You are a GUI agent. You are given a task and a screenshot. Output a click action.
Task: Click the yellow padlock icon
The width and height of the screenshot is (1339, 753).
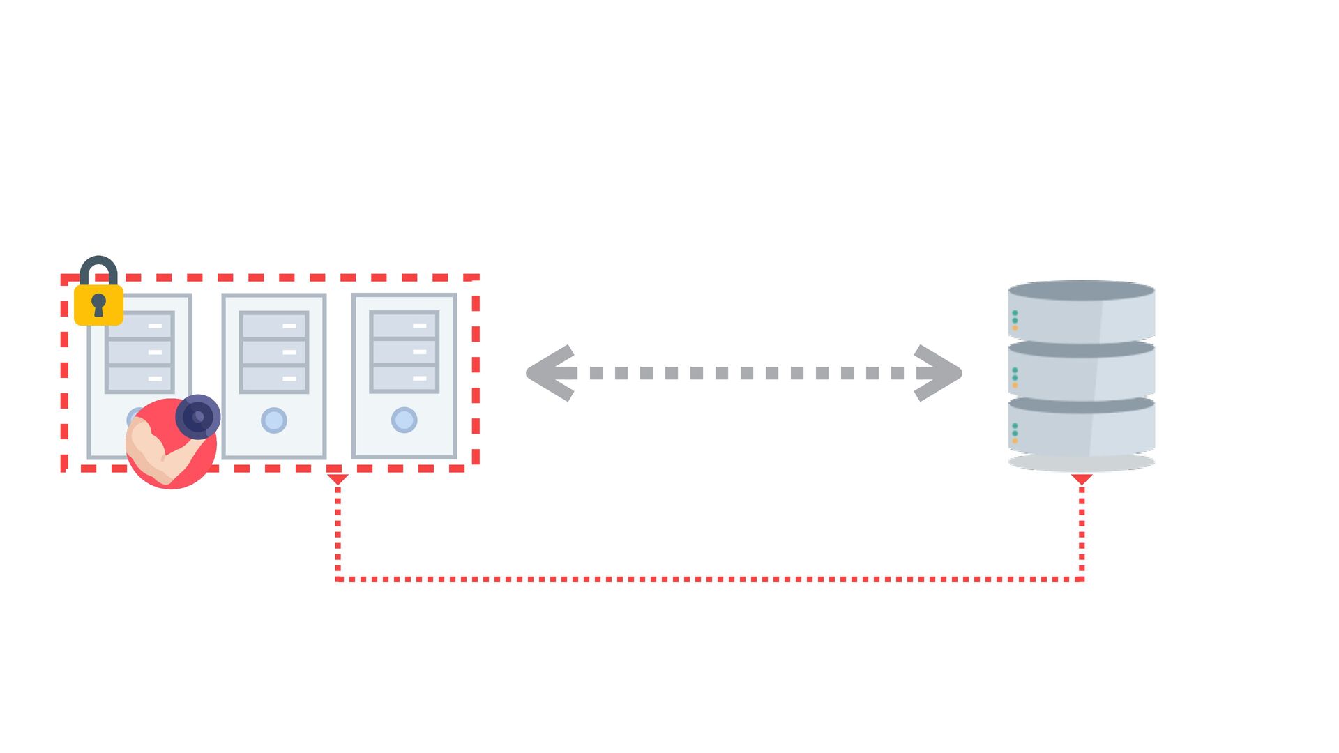(98, 303)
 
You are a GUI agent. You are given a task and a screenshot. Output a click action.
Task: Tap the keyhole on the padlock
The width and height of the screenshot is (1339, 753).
(98, 305)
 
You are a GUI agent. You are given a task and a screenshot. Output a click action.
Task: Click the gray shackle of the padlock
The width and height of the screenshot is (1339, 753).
(98, 268)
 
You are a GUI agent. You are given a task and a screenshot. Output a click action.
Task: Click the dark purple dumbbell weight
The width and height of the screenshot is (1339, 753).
(198, 417)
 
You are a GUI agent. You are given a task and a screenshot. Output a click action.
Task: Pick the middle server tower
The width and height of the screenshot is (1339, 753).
(274, 376)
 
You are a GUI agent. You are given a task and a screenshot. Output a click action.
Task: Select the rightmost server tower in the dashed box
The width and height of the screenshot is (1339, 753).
(404, 376)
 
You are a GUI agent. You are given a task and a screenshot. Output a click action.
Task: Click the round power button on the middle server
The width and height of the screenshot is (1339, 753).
(274, 420)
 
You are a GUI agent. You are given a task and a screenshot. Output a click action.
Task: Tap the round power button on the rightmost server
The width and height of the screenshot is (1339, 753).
(404, 420)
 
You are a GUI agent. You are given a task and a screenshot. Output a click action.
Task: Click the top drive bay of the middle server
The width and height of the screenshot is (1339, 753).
(274, 326)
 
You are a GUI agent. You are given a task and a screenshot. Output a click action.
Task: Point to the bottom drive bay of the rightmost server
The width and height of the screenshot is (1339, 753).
(404, 378)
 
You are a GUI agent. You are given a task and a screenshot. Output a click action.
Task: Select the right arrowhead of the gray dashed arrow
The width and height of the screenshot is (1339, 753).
(938, 373)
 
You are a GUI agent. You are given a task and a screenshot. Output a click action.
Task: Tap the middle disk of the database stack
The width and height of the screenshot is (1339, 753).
(1082, 372)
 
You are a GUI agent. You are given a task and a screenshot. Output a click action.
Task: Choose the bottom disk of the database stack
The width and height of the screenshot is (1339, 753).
(1082, 429)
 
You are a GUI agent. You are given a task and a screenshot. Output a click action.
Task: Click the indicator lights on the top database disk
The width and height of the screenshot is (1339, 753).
(1015, 320)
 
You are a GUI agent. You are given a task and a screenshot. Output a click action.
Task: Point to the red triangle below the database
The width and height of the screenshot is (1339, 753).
(1082, 479)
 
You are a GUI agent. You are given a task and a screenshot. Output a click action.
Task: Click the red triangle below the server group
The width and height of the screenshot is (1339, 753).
(338, 479)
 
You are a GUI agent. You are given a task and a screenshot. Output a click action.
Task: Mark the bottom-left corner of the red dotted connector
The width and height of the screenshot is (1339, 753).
(338, 579)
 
